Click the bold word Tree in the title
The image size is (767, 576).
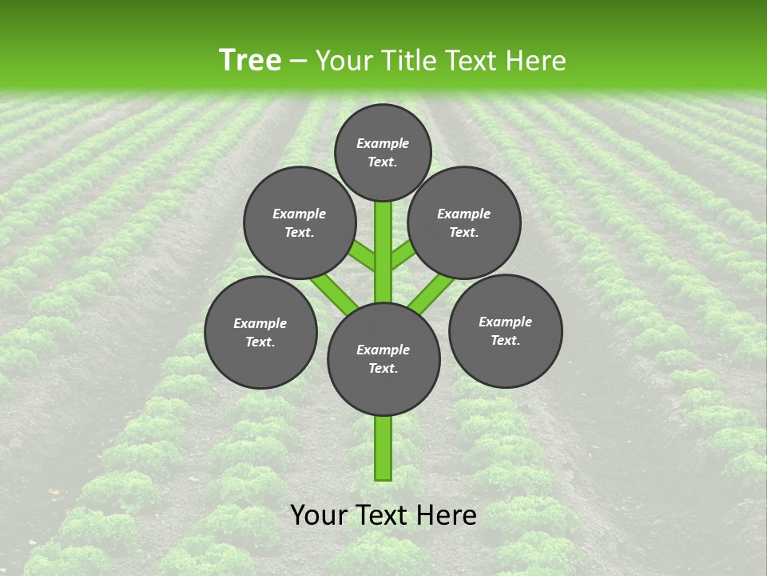[250, 61]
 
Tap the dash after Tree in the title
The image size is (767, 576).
[299, 61]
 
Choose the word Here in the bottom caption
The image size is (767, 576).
[447, 515]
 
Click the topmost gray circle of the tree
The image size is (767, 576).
[383, 152]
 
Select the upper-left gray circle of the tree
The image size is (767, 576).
[300, 222]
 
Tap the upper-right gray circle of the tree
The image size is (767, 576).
[464, 222]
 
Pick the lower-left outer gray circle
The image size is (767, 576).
[260, 332]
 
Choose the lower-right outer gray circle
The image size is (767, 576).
[506, 330]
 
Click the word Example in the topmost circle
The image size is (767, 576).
[383, 143]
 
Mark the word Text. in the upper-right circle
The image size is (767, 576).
[464, 232]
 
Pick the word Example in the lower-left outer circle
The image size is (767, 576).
[260, 323]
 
